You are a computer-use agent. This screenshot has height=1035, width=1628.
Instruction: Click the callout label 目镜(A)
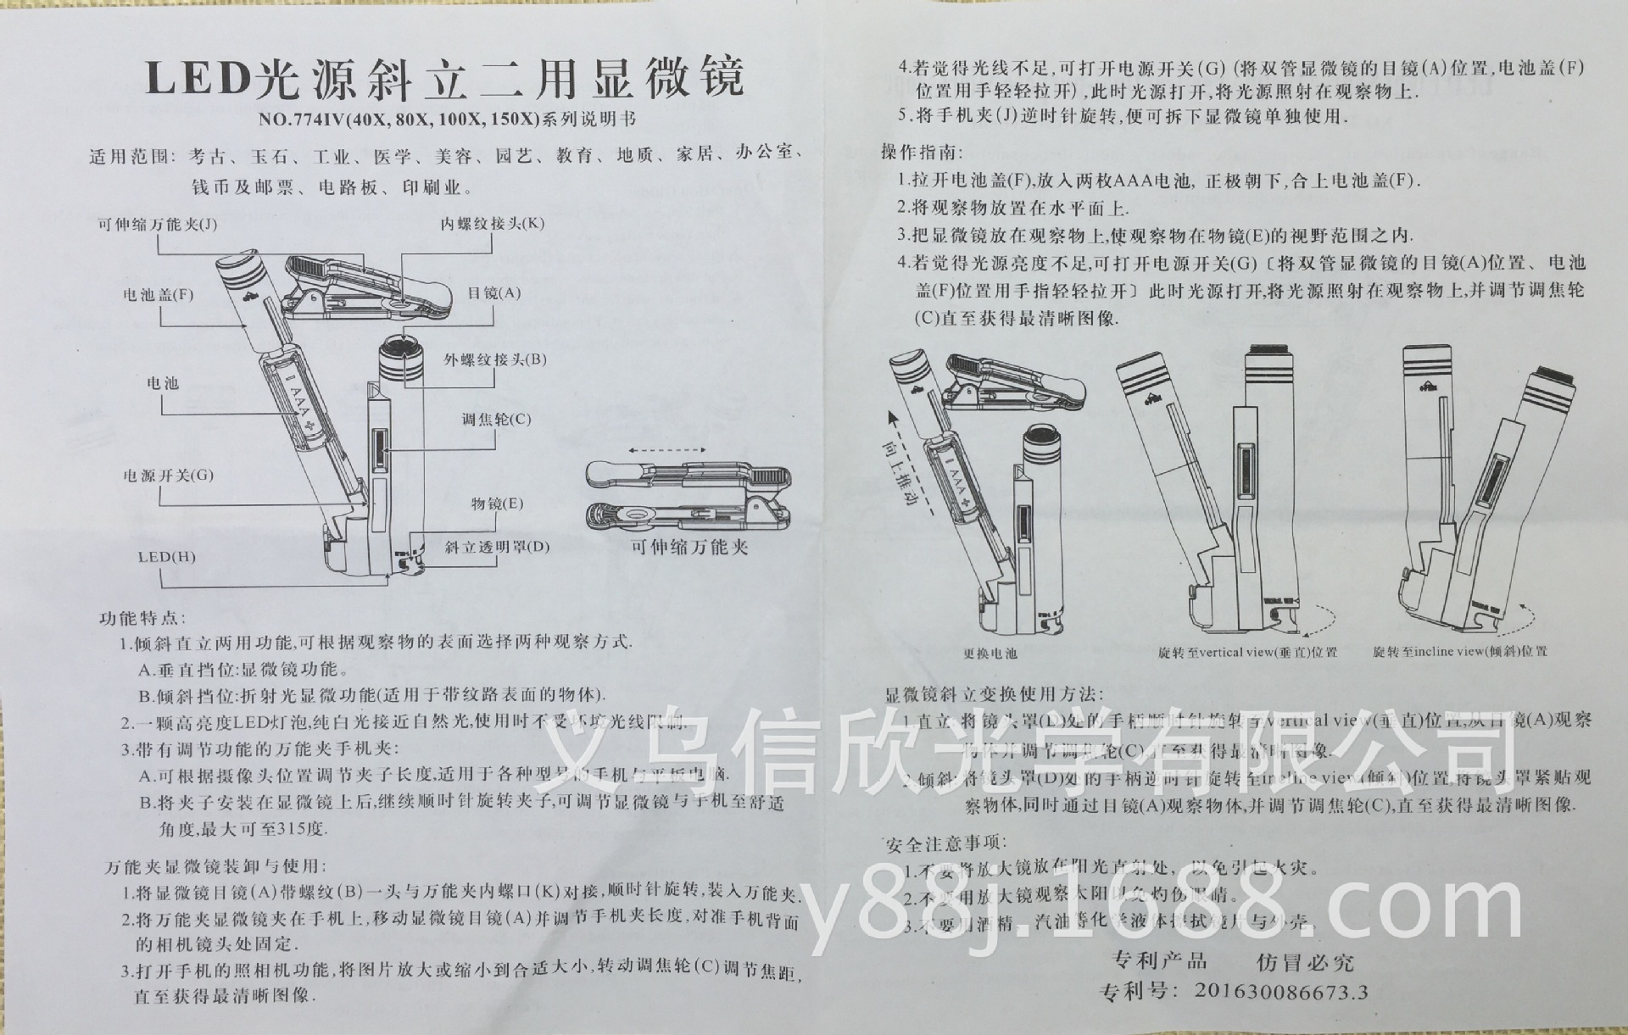[494, 294]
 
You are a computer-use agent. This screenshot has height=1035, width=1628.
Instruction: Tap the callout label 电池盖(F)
[159, 295]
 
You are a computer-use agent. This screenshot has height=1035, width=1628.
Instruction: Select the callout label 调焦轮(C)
[496, 420]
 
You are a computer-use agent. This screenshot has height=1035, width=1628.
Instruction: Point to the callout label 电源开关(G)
[169, 476]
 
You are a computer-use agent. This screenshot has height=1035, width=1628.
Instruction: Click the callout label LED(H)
[167, 557]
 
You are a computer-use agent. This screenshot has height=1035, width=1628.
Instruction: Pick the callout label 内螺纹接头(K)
[493, 224]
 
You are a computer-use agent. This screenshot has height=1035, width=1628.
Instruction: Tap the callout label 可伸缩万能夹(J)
[158, 225]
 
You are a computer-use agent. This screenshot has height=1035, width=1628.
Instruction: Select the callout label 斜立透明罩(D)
[498, 547]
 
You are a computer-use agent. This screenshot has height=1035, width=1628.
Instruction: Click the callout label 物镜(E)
[498, 504]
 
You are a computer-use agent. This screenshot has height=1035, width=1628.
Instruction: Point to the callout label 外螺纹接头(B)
[496, 359]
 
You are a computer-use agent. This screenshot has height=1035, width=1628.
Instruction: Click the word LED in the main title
[196, 80]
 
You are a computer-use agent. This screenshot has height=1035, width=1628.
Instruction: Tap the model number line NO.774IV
[447, 120]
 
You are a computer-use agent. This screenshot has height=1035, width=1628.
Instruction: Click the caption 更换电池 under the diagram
[990, 654]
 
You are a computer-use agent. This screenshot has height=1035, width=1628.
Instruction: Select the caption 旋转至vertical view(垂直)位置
[1247, 653]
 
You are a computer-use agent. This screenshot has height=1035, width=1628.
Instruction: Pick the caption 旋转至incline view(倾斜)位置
[1460, 651]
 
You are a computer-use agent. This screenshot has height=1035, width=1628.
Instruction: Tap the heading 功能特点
[142, 619]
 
